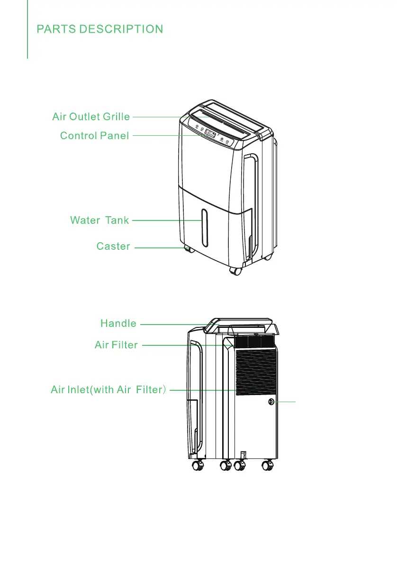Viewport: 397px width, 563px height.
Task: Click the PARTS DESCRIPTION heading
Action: pyautogui.click(x=100, y=29)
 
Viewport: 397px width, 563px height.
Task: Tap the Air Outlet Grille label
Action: pyautogui.click(x=91, y=116)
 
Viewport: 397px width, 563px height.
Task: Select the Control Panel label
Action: pyautogui.click(x=94, y=136)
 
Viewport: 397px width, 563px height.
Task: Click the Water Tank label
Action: pyautogui.click(x=99, y=220)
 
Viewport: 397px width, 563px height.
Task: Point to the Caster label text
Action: pyautogui.click(x=113, y=246)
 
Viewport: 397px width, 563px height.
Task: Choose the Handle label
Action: pyautogui.click(x=118, y=324)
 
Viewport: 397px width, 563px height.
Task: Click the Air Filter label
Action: pyautogui.click(x=116, y=345)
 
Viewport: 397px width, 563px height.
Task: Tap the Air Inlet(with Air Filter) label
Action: pyautogui.click(x=108, y=390)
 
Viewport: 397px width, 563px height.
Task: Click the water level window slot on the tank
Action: pyautogui.click(x=204, y=228)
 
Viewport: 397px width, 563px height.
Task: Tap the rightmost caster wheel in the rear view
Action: pyautogui.click(x=269, y=466)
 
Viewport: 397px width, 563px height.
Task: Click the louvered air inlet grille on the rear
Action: pyautogui.click(x=256, y=373)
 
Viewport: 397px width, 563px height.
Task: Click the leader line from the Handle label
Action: pyautogui.click(x=173, y=325)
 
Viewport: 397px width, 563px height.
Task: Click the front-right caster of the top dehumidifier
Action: pyautogui.click(x=235, y=271)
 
